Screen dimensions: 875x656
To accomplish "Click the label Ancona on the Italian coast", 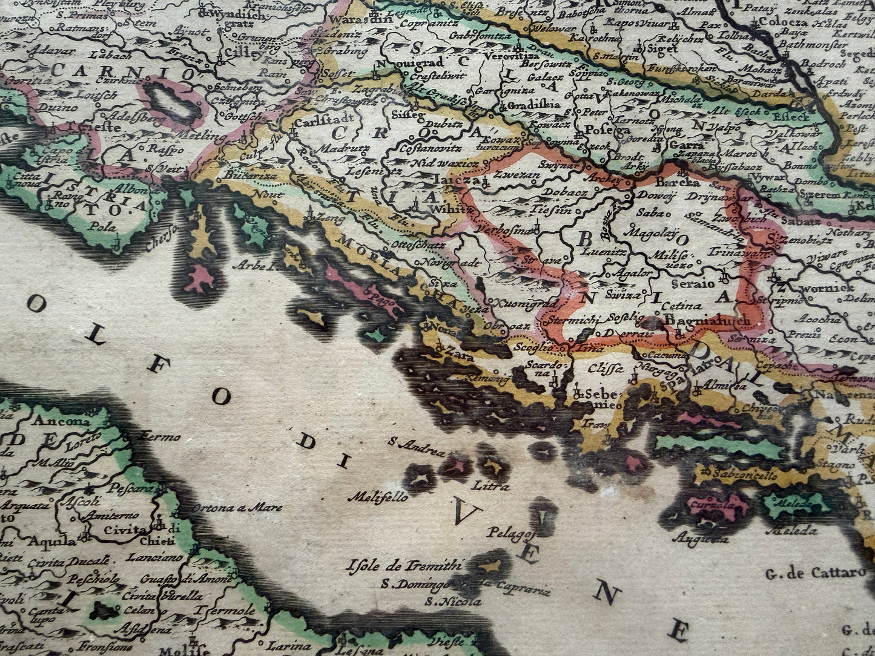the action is point(63,422).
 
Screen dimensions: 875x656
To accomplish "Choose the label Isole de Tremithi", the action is point(405,567).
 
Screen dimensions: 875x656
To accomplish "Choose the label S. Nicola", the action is point(454,602).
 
